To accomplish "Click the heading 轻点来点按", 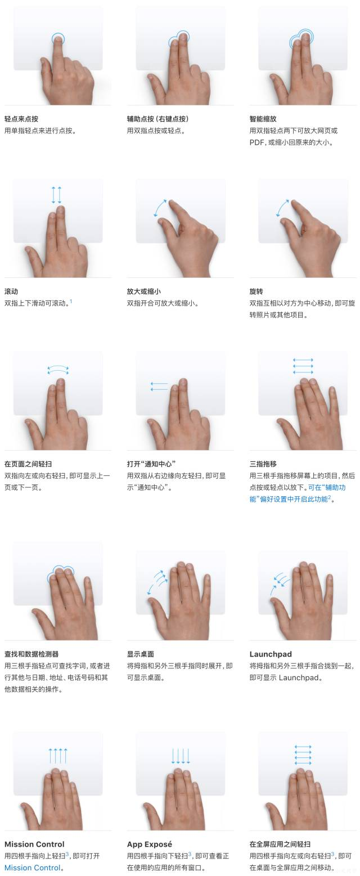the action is click(21, 119).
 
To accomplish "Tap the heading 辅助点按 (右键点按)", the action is click(157, 119).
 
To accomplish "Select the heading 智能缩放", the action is click(263, 119).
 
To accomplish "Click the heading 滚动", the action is click(11, 291).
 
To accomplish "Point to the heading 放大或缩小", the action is click(144, 291).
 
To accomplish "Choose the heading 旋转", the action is click(256, 291).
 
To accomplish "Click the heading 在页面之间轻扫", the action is click(28, 464).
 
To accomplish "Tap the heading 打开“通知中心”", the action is click(151, 464).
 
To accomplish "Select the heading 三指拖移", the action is click(263, 464).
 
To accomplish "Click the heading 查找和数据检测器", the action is click(31, 654).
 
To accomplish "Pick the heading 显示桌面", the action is click(140, 654).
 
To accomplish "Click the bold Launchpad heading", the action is click(271, 654).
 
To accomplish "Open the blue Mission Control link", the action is click(33, 868).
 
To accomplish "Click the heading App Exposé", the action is click(149, 844).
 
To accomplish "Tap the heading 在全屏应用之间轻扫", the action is click(280, 844).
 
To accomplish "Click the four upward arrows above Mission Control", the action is click(58, 756).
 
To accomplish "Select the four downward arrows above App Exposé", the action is click(181, 756).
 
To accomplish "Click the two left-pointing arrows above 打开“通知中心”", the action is click(159, 387).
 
